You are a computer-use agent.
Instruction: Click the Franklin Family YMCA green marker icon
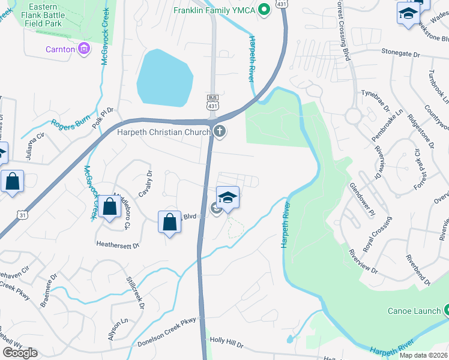click(263, 10)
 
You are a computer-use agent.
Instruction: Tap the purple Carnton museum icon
click(85, 48)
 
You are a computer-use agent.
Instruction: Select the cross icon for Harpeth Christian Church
click(220, 131)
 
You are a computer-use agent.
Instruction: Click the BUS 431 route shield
click(212, 102)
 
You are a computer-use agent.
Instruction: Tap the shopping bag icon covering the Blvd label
click(170, 222)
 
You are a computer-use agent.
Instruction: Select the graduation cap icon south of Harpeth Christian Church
click(228, 197)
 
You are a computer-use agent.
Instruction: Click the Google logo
click(20, 353)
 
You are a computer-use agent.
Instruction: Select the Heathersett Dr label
click(118, 245)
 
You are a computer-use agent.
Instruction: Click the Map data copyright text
click(423, 355)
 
